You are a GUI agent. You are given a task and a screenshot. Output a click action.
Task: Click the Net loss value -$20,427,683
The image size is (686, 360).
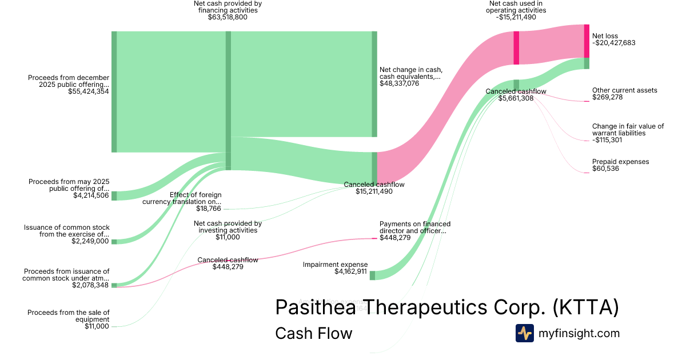pos(613,43)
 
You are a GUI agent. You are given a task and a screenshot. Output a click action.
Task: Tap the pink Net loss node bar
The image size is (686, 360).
pos(587,41)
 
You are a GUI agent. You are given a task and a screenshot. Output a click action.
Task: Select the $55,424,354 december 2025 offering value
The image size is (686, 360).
pos(89,91)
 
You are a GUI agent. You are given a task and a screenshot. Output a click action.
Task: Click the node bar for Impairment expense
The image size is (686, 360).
pos(372,275)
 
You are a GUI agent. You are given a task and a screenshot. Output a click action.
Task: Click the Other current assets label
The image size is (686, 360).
pos(624,90)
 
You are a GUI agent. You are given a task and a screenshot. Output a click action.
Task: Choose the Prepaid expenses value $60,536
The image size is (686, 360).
pos(605,169)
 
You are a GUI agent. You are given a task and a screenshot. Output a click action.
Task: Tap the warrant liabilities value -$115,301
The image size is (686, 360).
pos(607,140)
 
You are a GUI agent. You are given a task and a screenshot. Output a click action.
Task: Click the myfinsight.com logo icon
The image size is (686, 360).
pos(525,334)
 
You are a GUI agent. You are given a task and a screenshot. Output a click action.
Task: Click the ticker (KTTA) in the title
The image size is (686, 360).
pos(585,307)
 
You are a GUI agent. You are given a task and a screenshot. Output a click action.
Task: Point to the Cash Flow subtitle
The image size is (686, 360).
pos(313,333)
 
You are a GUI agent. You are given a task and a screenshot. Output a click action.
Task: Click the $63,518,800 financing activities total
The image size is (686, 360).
pos(228,18)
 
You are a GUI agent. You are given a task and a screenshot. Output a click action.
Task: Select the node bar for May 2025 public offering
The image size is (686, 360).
pos(114,196)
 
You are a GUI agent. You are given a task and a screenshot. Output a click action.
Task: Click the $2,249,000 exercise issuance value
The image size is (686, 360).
pos(90,241)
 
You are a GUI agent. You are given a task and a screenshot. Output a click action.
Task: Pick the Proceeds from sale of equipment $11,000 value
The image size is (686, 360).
pos(97,326)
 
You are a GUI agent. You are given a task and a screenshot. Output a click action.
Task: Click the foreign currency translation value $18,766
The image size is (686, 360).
pos(209,209)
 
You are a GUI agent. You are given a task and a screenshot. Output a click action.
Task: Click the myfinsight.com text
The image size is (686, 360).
pos(579,334)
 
